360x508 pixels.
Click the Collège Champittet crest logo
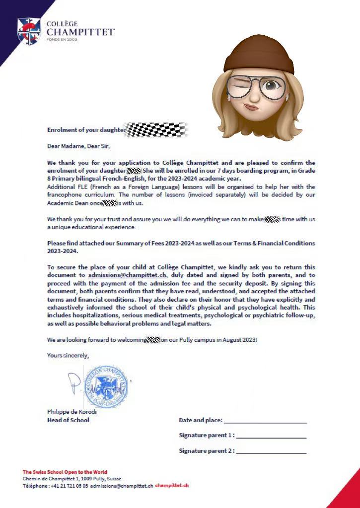click(x=29, y=31)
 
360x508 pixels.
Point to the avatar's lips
click(x=252, y=106)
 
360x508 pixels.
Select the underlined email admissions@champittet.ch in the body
click(x=127, y=275)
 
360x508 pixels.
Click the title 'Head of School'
click(x=69, y=420)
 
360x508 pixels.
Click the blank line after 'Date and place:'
click(x=265, y=422)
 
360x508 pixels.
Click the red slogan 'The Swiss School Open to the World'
click(x=65, y=472)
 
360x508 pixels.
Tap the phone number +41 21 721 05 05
click(x=70, y=486)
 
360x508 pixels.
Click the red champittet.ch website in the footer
click(x=172, y=486)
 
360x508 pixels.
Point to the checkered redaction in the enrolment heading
click(x=156, y=130)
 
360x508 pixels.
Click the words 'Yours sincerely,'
click(x=68, y=355)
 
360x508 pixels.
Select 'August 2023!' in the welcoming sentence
click(x=240, y=340)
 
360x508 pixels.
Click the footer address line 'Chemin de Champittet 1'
click(x=51, y=479)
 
